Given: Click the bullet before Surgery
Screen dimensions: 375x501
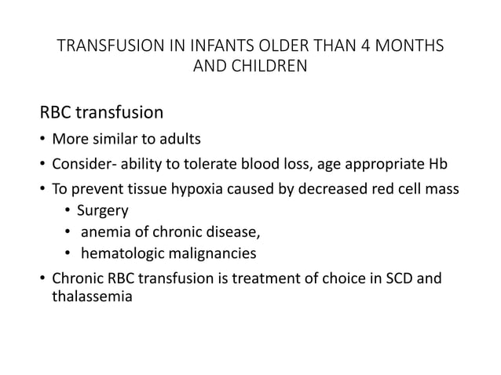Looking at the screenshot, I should click(x=67, y=211).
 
